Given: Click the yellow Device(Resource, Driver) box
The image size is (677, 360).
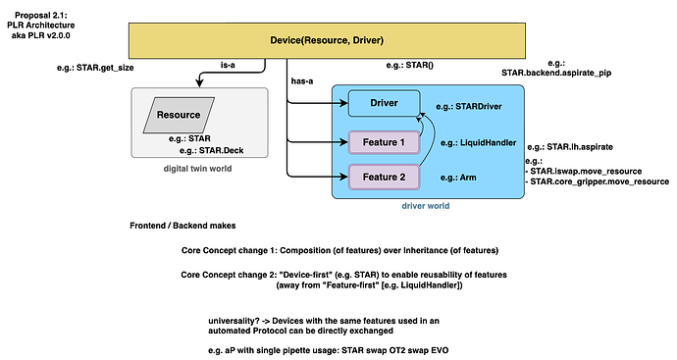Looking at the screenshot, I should point(327,39).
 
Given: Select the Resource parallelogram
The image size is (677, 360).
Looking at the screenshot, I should point(179,115).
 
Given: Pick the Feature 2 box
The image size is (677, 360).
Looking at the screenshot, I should point(383,177).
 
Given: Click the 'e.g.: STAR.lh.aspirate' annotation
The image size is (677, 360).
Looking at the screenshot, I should point(570,146).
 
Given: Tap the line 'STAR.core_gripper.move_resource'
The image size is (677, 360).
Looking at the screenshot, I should point(600,181).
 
